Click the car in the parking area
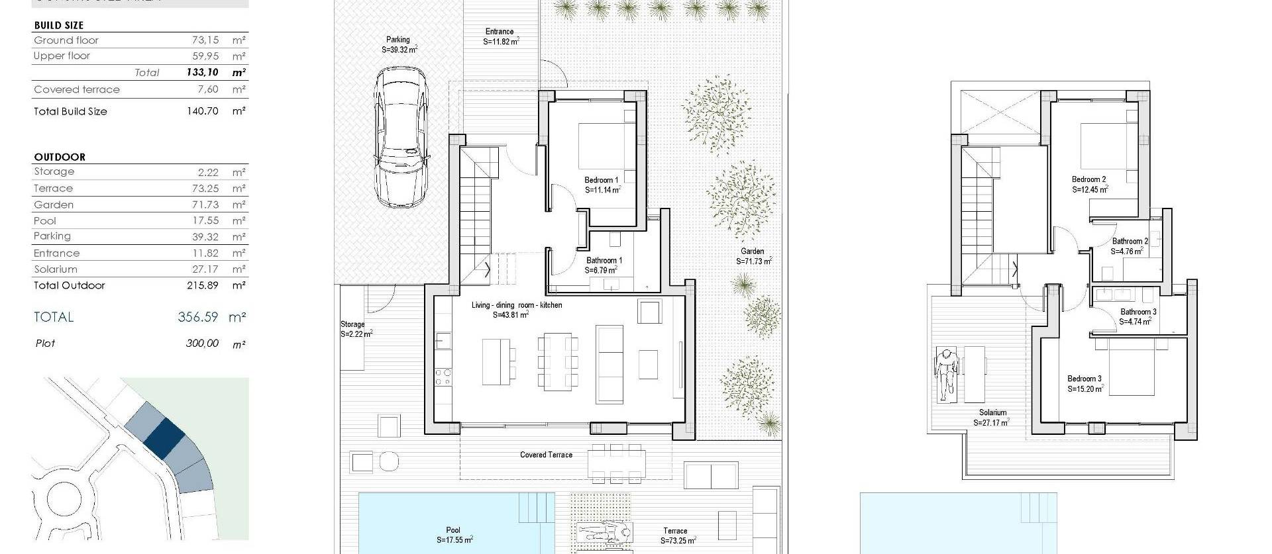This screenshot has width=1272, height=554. coord(401,139)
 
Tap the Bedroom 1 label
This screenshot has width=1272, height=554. coord(601,180)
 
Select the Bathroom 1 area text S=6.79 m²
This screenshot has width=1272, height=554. coord(601,271)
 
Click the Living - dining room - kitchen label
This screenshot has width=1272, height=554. coord(517,305)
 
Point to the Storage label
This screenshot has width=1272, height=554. coord(352,324)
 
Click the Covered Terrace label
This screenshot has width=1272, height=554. coord(546,455)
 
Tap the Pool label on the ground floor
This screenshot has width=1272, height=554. coord(453,530)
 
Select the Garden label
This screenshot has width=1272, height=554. coord(752,252)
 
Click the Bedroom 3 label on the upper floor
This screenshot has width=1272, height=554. coord(1085,379)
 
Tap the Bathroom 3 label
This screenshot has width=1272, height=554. coord(1138,312)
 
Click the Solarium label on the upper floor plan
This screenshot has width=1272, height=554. coord(992,412)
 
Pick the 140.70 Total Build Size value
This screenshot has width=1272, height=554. coord(202,111)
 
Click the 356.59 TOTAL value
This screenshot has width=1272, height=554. coord(197,317)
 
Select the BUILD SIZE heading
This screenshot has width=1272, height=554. coord(59,25)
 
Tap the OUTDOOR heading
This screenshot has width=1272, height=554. coord(60,157)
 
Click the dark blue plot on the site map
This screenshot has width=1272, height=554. coord(164,438)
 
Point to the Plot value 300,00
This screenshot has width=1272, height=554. coord(202,344)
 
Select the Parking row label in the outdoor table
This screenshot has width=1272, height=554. coord(52,236)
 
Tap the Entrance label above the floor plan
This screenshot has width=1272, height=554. coord(499,31)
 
